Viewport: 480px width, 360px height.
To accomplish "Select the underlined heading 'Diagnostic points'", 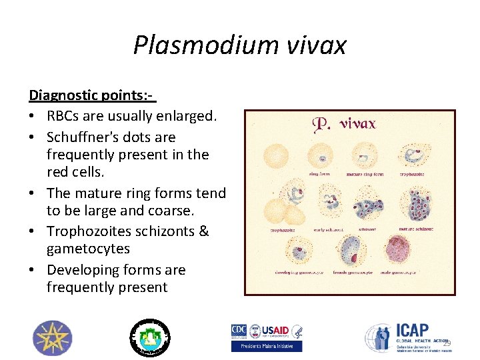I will (90, 95).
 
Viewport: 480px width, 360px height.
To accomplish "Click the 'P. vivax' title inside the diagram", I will (344, 125).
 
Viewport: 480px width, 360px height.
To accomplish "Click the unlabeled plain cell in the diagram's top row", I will (275, 157).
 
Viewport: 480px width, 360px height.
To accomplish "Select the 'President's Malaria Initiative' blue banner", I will (267, 346).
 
